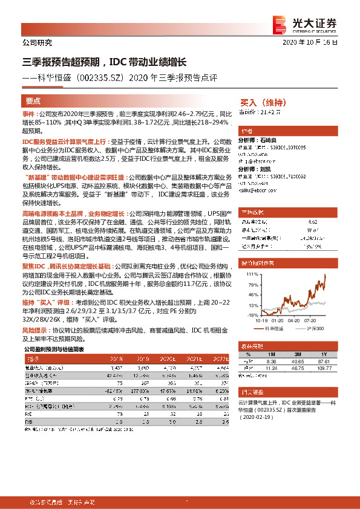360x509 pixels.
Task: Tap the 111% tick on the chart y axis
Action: click(250, 274)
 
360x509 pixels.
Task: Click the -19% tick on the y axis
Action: click(250, 316)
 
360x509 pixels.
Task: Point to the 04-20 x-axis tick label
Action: click(293, 321)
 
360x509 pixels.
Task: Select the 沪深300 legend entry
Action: click(315, 329)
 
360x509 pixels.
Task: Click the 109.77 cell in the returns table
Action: click(326, 367)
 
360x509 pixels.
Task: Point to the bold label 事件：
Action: click(30, 114)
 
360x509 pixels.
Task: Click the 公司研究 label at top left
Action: click(37, 43)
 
